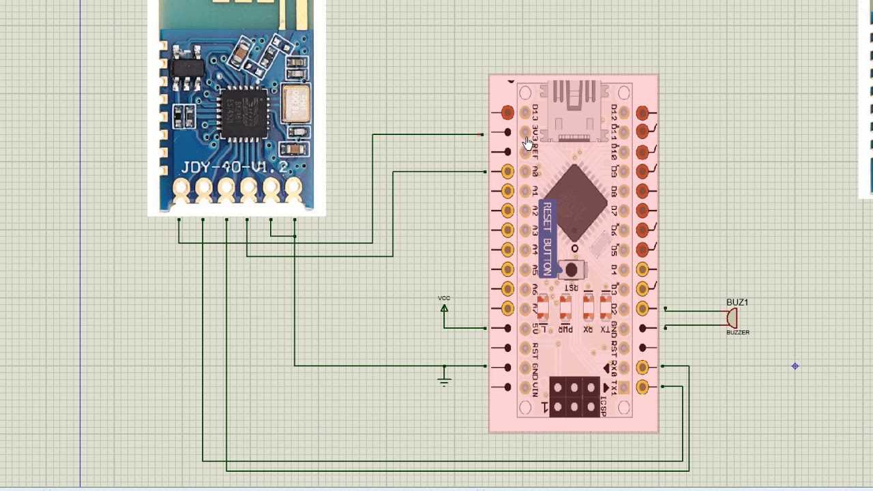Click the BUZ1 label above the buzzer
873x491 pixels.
click(737, 302)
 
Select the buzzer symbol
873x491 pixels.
click(732, 318)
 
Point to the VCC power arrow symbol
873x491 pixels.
click(444, 309)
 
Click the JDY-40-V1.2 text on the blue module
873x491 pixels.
click(234, 167)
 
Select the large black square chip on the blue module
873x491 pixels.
click(243, 113)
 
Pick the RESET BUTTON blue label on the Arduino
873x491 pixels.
click(546, 239)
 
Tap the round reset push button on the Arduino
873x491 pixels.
click(572, 270)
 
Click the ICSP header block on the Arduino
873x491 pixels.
click(574, 397)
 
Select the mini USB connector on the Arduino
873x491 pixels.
click(574, 109)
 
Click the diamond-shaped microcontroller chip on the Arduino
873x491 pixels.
click(575, 203)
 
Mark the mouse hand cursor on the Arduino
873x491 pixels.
click(528, 143)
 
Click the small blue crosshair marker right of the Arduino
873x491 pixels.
click(795, 366)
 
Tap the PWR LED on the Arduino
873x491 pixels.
click(565, 309)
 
